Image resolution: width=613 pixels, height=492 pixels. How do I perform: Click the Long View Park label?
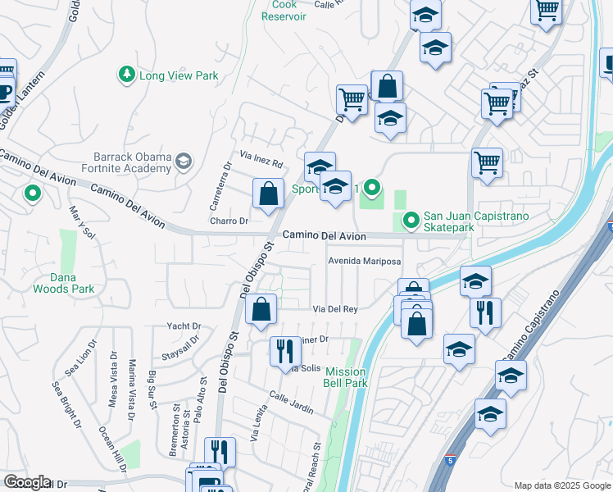click(179, 75)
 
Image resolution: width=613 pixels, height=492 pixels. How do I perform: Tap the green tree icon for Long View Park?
click(127, 75)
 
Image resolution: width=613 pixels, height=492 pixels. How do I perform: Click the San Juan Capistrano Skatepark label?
click(475, 221)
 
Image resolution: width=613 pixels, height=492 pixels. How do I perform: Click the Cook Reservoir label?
click(284, 10)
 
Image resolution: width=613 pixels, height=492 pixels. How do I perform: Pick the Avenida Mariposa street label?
click(364, 261)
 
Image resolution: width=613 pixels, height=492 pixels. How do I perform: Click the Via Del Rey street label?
click(335, 308)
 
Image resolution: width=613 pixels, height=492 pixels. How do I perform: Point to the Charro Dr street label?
click(229, 221)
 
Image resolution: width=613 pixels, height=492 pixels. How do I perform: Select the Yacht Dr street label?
click(184, 326)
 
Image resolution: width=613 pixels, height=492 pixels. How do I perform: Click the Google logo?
click(27, 482)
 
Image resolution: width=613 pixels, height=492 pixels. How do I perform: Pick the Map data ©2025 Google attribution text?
click(561, 485)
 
